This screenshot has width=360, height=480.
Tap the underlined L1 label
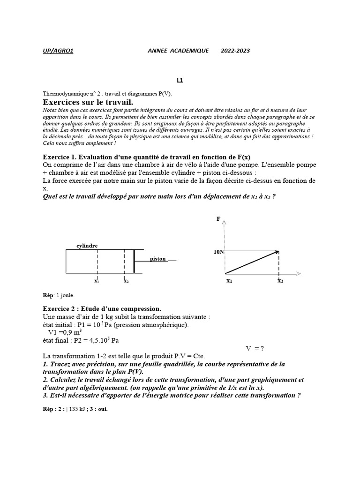[x=180, y=80]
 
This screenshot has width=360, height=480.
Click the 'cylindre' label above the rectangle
[x=87, y=245]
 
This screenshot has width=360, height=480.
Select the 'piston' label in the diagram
[x=158, y=259]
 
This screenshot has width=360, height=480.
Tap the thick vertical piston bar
[x=135, y=261]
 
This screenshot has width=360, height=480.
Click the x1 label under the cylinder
[x=96, y=281]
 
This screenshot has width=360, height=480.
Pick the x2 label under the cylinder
[x=126, y=281]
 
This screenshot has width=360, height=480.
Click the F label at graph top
[x=218, y=219]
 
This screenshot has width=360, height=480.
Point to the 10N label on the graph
[x=218, y=252]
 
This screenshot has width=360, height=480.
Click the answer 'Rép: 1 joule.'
[x=59, y=295]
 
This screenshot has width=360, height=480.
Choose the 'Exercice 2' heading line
[x=102, y=308]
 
